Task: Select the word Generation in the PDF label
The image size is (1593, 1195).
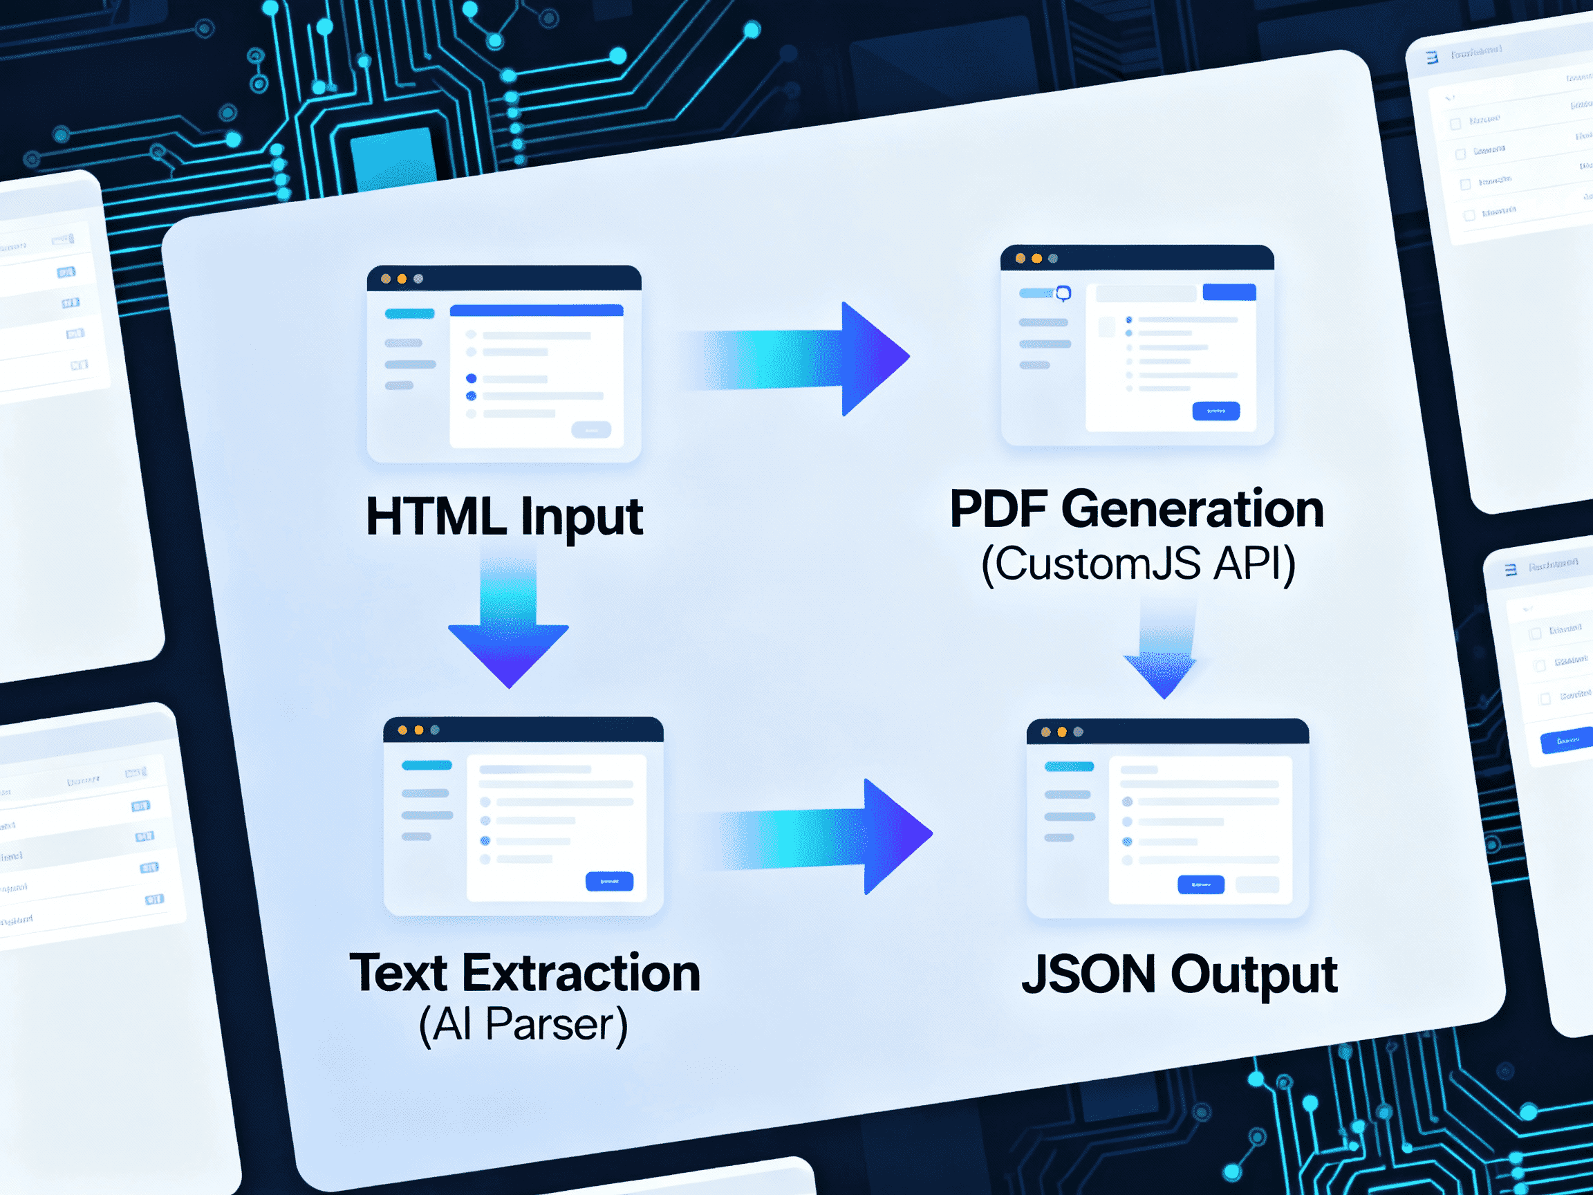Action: pos(1192,509)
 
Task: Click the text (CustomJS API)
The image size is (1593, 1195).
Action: pos(1138,564)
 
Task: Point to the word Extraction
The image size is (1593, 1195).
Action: pos(581,973)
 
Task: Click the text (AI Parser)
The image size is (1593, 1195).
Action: pos(523,1024)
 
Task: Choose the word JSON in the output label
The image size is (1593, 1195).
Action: pos(1088,974)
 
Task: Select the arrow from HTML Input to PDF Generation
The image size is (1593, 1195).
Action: pos(799,359)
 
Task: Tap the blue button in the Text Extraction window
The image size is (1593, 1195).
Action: pos(609,881)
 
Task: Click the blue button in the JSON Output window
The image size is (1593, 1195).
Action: pos(1200,884)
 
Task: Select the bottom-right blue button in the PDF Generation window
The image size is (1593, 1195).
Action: pos(1215,411)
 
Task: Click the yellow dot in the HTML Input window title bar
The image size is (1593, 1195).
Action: pos(402,279)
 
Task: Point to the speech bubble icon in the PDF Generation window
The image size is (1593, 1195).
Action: pos(1063,293)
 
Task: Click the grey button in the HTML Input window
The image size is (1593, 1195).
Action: pos(591,430)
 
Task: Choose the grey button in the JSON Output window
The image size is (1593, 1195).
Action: pos(1258,884)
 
